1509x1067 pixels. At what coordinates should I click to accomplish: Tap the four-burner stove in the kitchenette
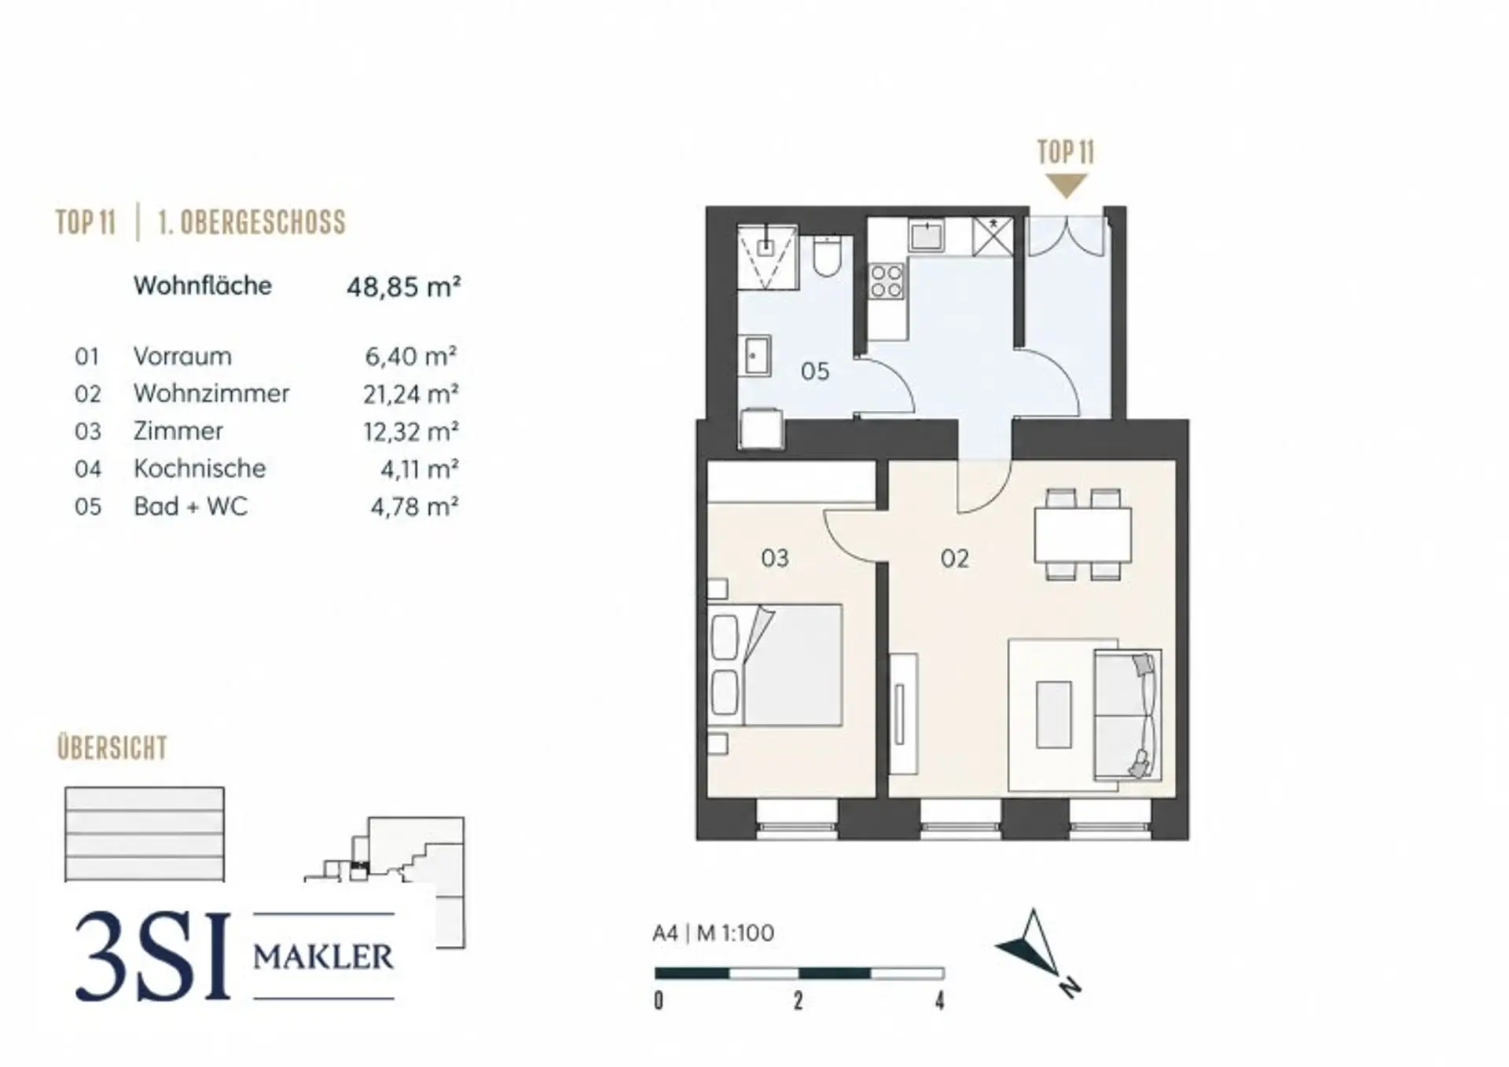point(887,281)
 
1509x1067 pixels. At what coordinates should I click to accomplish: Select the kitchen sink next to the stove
point(927,235)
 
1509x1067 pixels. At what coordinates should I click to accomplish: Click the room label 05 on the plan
point(815,371)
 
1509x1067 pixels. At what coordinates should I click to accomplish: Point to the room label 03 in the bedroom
point(775,558)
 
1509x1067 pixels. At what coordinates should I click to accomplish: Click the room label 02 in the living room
point(955,559)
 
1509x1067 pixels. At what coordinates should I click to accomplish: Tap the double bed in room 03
point(775,665)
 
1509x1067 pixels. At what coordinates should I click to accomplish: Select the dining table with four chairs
point(1083,534)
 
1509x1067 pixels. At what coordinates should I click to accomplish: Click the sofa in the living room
point(1128,714)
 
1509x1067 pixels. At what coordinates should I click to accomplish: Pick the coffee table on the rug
point(1054,714)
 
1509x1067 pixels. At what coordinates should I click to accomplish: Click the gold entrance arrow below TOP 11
point(1066,186)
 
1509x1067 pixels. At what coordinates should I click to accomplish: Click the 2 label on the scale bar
point(799,1000)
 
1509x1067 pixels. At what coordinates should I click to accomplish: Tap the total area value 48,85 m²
point(404,287)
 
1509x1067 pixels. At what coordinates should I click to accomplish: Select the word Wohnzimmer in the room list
point(211,393)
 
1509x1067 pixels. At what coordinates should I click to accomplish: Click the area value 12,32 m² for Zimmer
point(411,431)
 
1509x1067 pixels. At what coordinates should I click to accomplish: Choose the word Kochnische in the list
point(200,468)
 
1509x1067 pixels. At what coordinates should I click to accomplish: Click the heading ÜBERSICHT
point(112,747)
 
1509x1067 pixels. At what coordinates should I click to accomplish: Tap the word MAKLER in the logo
point(323,957)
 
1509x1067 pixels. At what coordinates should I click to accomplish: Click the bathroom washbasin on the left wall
point(755,356)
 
